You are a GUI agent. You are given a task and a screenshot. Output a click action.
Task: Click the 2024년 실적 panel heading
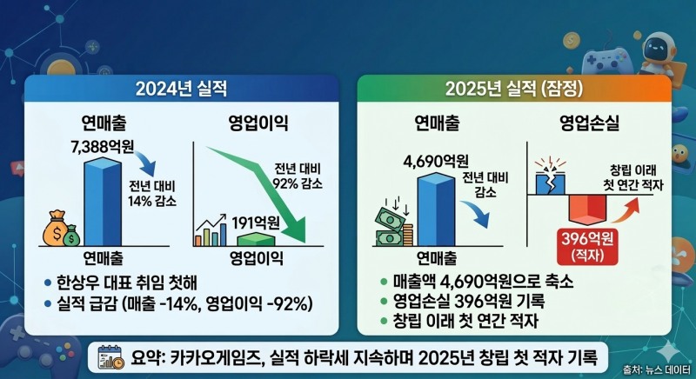[181, 89]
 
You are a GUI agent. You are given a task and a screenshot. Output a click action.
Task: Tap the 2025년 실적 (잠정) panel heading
[514, 89]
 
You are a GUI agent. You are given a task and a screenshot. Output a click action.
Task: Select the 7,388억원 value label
[103, 146]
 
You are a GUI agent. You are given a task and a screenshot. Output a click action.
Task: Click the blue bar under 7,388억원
[103, 203]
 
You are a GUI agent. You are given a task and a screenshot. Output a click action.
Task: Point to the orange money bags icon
[61, 229]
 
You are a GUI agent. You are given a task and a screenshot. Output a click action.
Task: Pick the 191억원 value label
[256, 223]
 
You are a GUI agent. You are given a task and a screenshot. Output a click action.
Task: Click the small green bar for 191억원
[256, 239]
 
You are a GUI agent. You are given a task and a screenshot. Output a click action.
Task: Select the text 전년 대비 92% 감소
[298, 176]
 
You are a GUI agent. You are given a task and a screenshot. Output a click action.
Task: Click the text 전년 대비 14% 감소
[151, 194]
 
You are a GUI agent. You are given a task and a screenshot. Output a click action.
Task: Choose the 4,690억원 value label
[436, 161]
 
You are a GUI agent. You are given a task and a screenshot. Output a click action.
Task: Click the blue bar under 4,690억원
[436, 209]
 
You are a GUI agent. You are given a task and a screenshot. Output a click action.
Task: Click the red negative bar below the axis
[588, 210]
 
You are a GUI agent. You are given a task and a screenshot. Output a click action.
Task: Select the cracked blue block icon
[550, 180]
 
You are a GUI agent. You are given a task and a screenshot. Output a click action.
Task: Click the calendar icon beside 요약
[111, 357]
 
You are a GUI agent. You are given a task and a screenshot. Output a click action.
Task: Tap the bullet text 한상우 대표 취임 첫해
[127, 283]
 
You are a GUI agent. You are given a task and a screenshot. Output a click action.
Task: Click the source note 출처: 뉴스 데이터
[657, 369]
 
